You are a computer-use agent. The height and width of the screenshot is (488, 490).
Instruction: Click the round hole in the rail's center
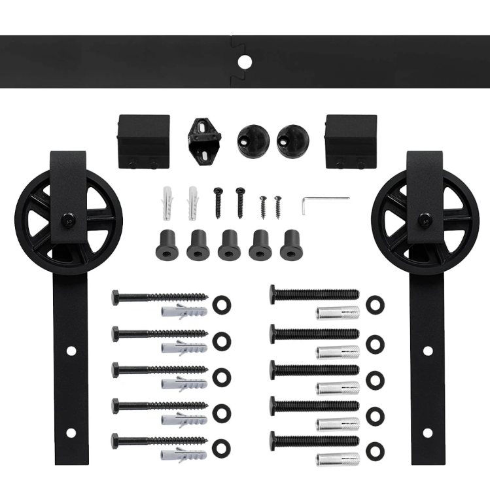click(245, 62)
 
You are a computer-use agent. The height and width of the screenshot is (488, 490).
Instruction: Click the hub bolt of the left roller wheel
click(68, 220)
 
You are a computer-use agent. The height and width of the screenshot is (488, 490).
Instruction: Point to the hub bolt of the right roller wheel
click(423, 220)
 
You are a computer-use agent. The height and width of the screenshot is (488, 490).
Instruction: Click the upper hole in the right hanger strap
click(427, 351)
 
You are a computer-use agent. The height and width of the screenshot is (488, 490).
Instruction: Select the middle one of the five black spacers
click(229, 245)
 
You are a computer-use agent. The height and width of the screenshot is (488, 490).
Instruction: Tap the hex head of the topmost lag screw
click(116, 296)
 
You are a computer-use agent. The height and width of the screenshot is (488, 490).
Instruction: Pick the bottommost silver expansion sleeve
click(338, 458)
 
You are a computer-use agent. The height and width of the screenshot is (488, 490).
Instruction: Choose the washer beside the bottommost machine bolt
click(376, 450)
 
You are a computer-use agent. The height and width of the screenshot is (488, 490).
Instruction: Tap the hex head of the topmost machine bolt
click(274, 294)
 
